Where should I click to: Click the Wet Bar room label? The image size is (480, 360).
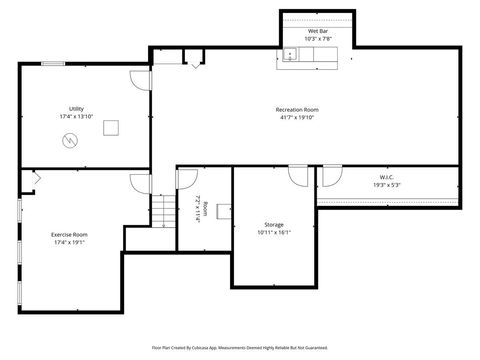pyautogui.click(x=318, y=31)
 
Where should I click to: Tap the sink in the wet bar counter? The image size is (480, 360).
pyautogui.click(x=288, y=55)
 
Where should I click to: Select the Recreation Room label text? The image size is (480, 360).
pyautogui.click(x=297, y=109)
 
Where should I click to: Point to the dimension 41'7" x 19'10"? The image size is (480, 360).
pyautogui.click(x=297, y=117)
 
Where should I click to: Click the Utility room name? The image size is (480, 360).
pyautogui.click(x=76, y=109)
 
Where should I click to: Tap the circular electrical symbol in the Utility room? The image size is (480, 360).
pyautogui.click(x=69, y=141)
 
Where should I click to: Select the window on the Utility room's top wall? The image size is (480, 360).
pyautogui.click(x=54, y=64)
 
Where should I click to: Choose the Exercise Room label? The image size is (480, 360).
pyautogui.click(x=69, y=234)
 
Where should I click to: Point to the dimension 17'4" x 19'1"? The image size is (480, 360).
pyautogui.click(x=69, y=242)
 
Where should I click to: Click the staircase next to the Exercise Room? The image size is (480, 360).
pyautogui.click(x=163, y=212)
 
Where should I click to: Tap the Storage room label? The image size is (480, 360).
pyautogui.click(x=274, y=224)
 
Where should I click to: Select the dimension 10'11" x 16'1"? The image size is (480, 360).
pyautogui.click(x=274, y=232)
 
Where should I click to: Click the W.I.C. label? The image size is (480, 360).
pyautogui.click(x=386, y=177)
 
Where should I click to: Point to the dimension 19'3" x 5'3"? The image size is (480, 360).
pyautogui.click(x=386, y=185)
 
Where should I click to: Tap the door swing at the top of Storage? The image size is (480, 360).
pyautogui.click(x=298, y=175)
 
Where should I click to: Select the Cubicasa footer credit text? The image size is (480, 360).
pyautogui.click(x=240, y=347)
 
